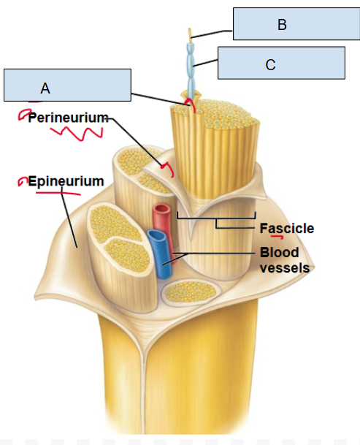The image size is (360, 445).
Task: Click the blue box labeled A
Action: (67, 85)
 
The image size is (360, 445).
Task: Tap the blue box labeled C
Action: (281, 63)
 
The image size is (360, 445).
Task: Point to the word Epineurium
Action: (66, 180)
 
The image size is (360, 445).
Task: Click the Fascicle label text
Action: (287, 228)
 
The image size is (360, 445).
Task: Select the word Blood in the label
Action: (279, 252)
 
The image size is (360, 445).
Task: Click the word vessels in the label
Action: (285, 267)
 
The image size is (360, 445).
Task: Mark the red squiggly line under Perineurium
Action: (76, 134)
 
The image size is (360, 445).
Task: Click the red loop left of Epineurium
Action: (23, 180)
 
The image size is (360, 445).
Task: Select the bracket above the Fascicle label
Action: (216, 218)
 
